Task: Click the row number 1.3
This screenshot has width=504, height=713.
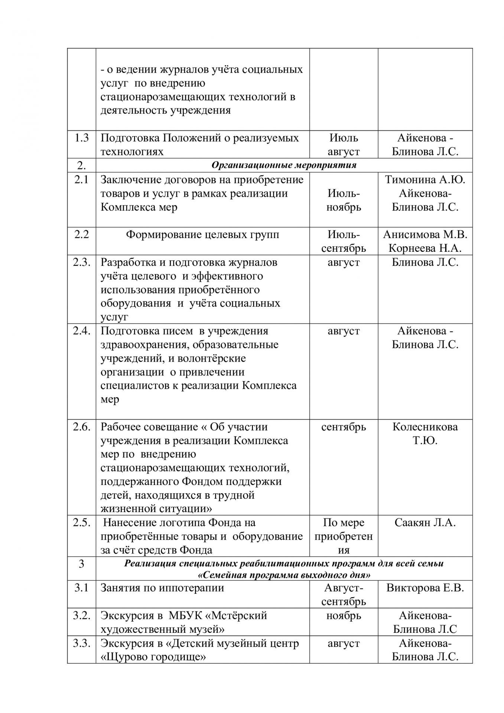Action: (x=81, y=138)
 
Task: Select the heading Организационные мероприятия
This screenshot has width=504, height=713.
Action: (x=284, y=165)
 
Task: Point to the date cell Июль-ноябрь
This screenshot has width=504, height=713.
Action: (x=344, y=200)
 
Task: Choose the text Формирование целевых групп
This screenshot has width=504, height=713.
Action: (x=202, y=235)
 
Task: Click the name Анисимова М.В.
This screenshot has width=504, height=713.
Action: (x=425, y=235)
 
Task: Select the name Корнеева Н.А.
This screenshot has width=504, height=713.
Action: (x=425, y=248)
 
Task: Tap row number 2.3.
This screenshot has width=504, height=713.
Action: (x=81, y=263)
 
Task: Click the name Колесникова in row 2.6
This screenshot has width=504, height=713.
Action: (x=425, y=427)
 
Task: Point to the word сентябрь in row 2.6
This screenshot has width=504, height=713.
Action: (x=344, y=427)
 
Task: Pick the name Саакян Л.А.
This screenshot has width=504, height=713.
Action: (x=425, y=523)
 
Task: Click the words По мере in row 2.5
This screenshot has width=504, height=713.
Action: (x=344, y=523)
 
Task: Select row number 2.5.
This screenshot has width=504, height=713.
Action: (x=81, y=523)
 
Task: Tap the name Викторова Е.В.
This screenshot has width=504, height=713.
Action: (x=425, y=588)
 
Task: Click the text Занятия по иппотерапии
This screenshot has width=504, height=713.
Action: (x=162, y=588)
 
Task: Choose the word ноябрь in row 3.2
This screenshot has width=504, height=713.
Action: (x=344, y=616)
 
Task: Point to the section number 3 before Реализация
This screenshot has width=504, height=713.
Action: (x=81, y=564)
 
